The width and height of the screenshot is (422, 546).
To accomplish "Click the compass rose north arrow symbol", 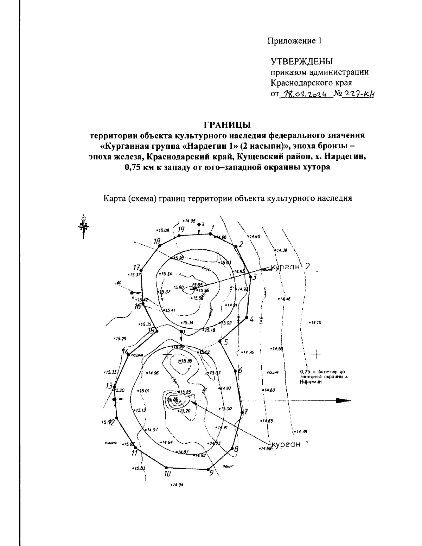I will [x=83, y=225].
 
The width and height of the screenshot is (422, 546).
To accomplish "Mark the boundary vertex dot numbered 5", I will [x=220, y=341].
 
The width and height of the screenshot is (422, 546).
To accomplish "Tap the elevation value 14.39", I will [x=281, y=250].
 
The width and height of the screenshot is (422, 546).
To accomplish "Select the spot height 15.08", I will [x=163, y=230].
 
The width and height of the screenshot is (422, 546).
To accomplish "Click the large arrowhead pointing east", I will [x=343, y=400].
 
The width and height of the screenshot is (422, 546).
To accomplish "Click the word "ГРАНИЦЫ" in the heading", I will [x=227, y=125].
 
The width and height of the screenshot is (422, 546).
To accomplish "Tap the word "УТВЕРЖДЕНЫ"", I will [x=301, y=62].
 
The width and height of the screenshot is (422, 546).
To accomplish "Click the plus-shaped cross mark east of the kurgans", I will [x=316, y=354].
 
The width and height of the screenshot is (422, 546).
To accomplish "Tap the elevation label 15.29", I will [x=120, y=339].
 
